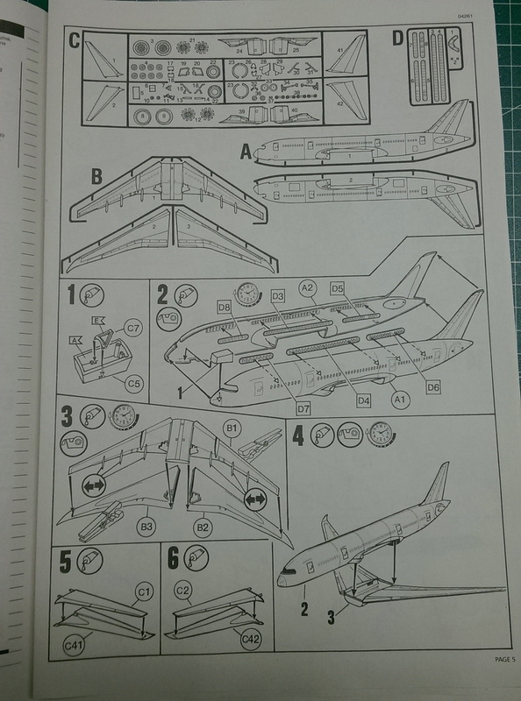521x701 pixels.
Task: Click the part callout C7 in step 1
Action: pos(132,328)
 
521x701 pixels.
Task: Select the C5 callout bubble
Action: pos(132,382)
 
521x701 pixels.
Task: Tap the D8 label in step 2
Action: pos(224,307)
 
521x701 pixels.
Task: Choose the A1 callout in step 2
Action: pos(400,399)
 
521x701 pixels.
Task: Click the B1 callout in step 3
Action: pos(233,428)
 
